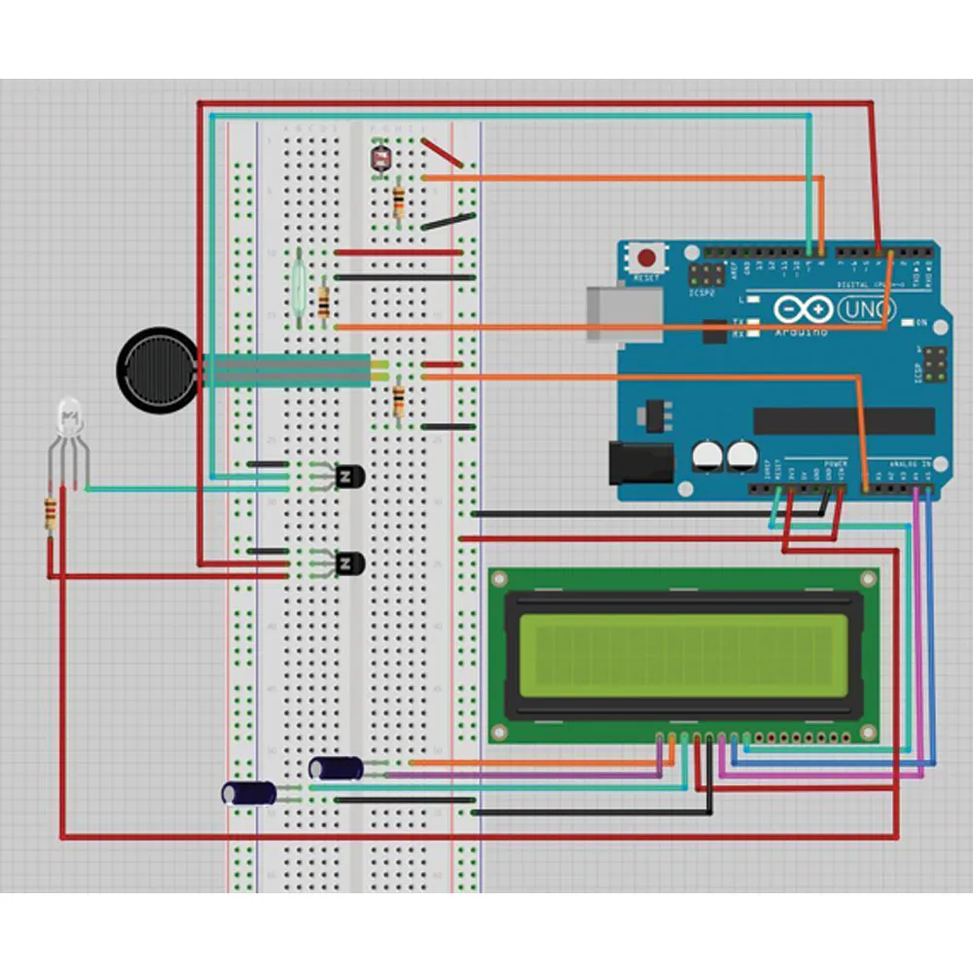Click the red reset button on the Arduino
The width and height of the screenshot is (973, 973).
[x=646, y=259]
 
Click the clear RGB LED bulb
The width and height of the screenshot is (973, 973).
[x=67, y=416]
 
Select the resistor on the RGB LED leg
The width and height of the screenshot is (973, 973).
[x=50, y=513]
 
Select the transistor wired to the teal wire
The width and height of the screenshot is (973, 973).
[x=345, y=477]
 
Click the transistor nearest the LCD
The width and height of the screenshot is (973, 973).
[x=346, y=563]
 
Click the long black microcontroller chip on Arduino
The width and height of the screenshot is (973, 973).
[x=843, y=420]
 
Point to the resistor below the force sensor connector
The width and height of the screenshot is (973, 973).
[x=398, y=401]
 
